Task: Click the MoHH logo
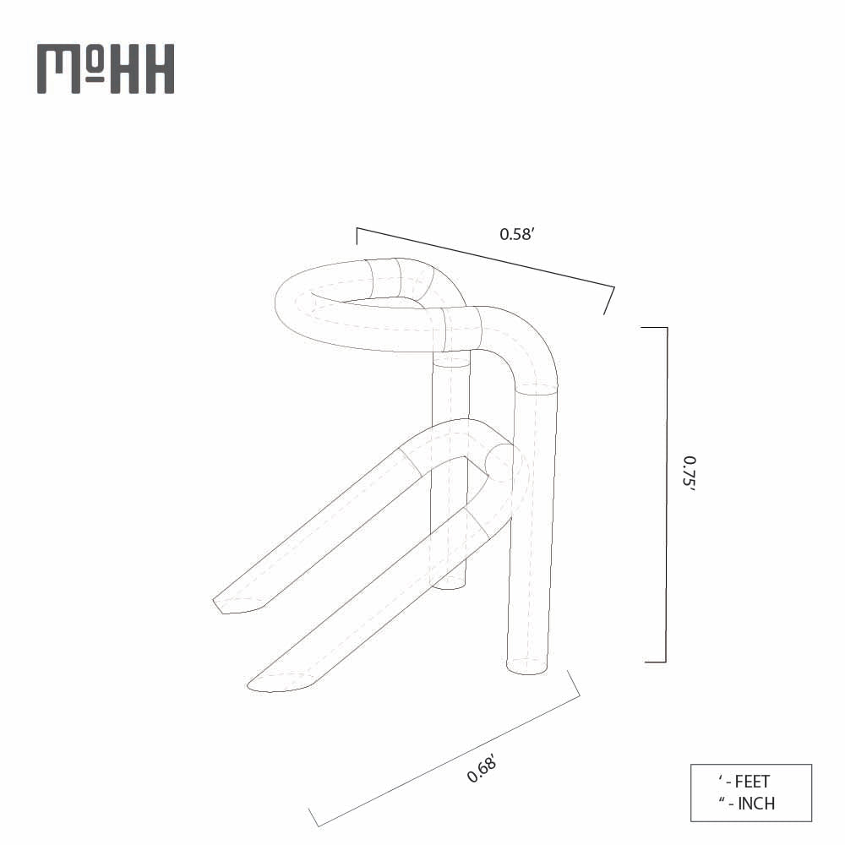click(x=106, y=69)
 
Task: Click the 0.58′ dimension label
click(x=516, y=234)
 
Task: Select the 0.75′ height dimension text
click(x=690, y=474)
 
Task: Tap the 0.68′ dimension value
click(x=482, y=768)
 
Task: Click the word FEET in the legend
click(x=752, y=782)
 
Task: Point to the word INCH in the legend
click(x=756, y=804)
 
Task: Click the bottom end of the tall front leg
click(x=526, y=666)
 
